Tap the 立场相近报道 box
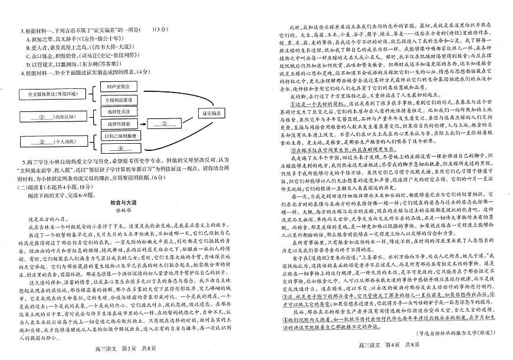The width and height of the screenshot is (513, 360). tap(119, 99)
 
